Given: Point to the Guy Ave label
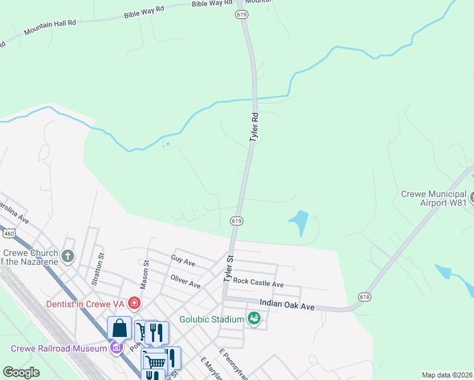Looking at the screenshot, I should pyautogui.click(x=183, y=260).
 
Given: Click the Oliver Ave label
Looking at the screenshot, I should pyautogui.click(x=186, y=282).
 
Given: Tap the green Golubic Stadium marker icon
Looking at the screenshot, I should pyautogui.click(x=254, y=319).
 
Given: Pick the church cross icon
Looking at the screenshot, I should pyautogui.click(x=68, y=256).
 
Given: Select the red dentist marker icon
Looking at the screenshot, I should pyautogui.click(x=134, y=303).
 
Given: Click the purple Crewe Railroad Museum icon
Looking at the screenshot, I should pyautogui.click(x=116, y=348).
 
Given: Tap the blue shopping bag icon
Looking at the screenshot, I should pyautogui.click(x=119, y=329).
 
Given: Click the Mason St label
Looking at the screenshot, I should pyautogui.click(x=144, y=275).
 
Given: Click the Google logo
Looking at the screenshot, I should pyautogui.click(x=21, y=372).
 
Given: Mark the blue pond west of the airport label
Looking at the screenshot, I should pyautogui.click(x=299, y=222).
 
